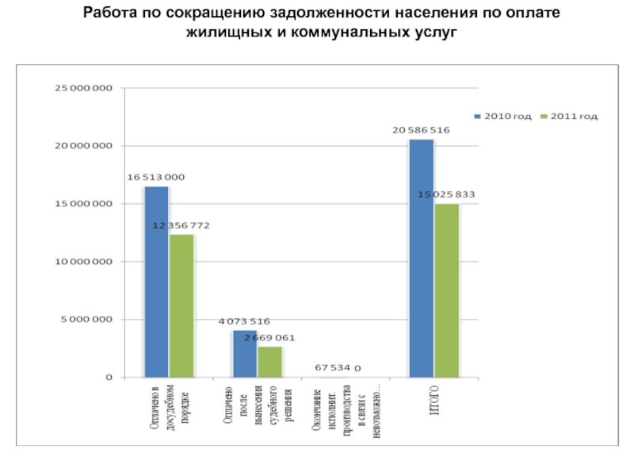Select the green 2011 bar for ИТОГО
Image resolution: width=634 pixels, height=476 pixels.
[x=447, y=290]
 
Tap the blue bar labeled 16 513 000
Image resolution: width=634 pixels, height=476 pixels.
[x=156, y=282]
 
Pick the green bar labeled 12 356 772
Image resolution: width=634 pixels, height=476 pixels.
[x=181, y=305]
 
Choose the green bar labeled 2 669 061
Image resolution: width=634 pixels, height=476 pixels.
[x=270, y=362]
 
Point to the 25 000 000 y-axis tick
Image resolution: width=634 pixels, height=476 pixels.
[x=82, y=88]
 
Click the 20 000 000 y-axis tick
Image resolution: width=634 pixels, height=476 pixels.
[x=82, y=146]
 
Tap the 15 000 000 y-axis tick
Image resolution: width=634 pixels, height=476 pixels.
[x=82, y=204]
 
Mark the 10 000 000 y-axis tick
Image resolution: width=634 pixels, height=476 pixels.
[x=82, y=262]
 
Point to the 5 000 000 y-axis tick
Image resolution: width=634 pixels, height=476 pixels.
[x=86, y=320]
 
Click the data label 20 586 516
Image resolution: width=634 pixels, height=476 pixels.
[x=421, y=130]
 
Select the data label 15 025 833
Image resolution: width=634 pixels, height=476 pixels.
[x=447, y=194]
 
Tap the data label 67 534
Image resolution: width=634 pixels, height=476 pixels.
[x=332, y=368]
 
